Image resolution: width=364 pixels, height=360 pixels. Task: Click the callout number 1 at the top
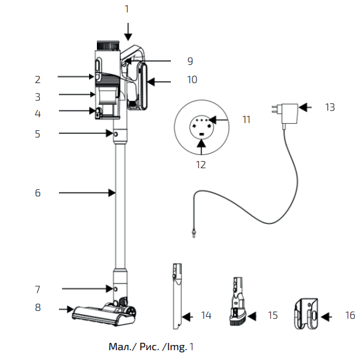pyautogui.click(x=127, y=9)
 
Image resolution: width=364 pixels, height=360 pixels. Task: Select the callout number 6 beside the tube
pyautogui.click(x=37, y=193)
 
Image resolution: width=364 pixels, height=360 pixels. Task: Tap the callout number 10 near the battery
pyautogui.click(x=191, y=80)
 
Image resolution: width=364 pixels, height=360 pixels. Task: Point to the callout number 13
pyautogui.click(x=329, y=107)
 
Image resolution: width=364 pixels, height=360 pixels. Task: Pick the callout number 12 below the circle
pyautogui.click(x=200, y=165)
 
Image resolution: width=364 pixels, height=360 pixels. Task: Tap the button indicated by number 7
pyautogui.click(x=116, y=288)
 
